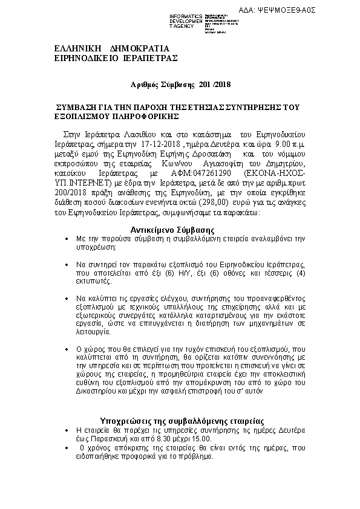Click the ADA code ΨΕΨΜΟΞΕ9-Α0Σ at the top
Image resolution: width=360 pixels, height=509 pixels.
295,10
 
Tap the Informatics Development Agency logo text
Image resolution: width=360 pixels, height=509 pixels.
186,21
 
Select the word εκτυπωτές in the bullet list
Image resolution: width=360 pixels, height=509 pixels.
93,282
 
